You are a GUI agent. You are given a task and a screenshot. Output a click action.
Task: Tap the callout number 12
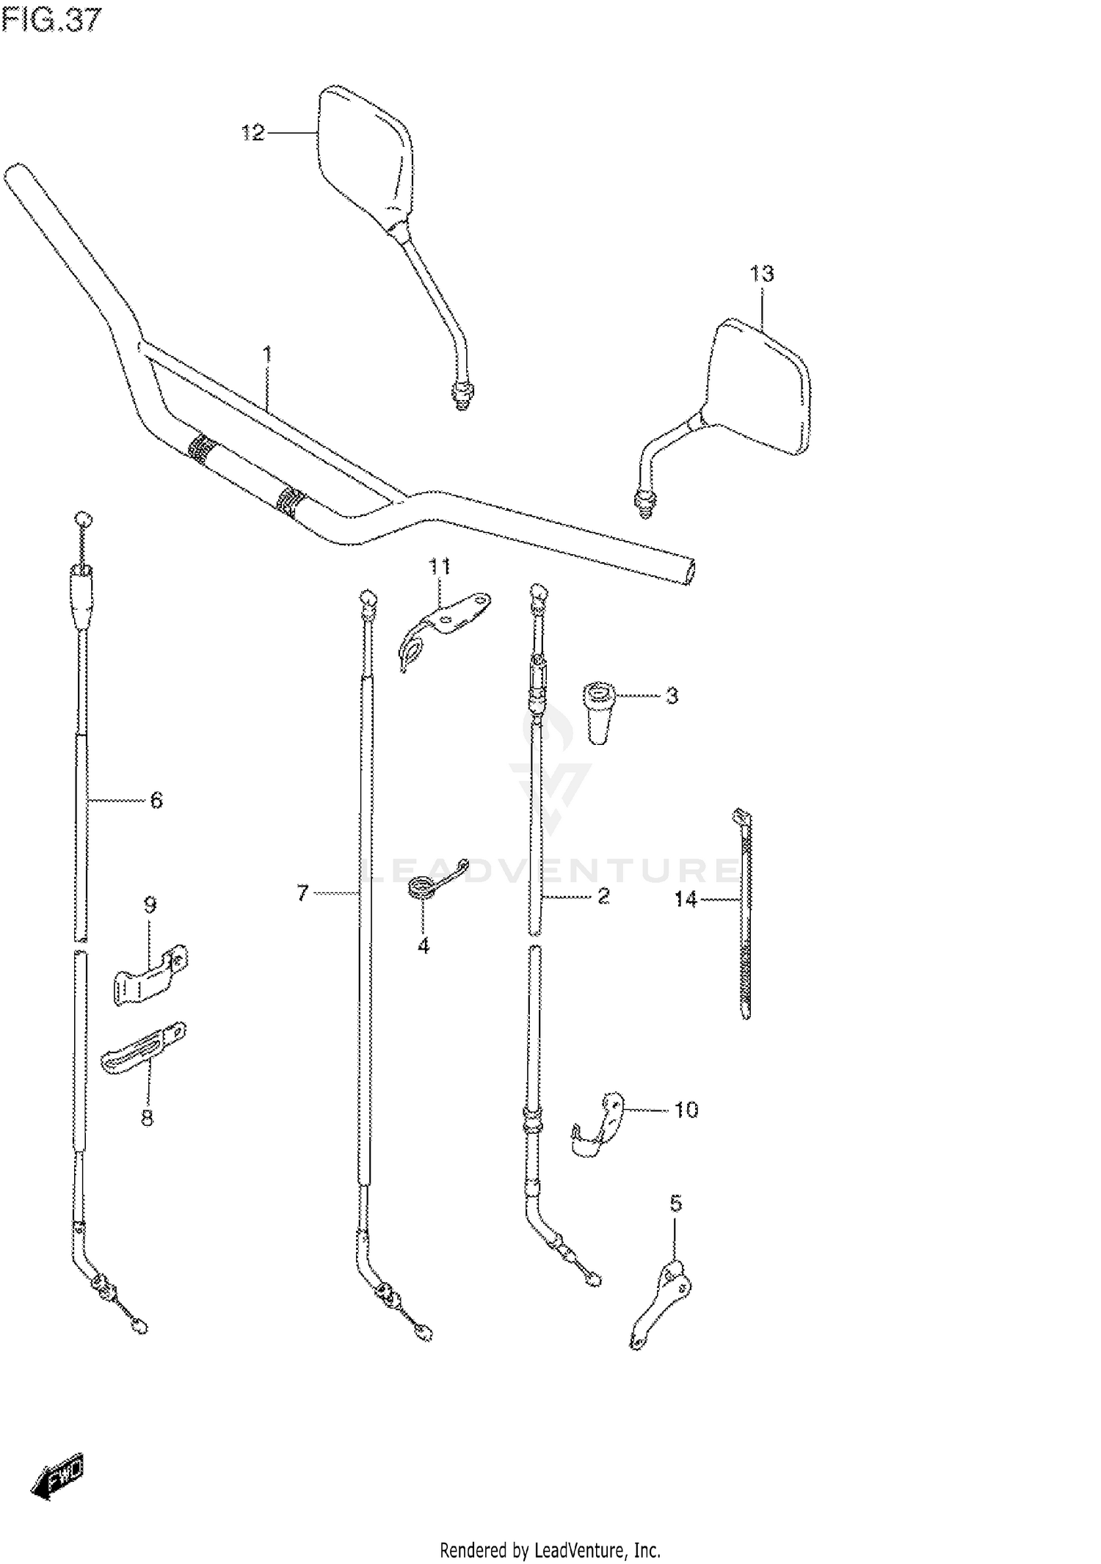click(252, 133)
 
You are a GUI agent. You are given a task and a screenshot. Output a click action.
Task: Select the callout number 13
click(761, 274)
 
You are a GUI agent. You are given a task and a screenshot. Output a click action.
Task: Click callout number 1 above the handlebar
click(267, 356)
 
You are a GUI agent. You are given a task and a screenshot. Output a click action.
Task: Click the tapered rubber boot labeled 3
click(600, 711)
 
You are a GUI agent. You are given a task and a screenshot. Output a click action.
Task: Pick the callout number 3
click(672, 696)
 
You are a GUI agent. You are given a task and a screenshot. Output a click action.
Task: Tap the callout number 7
click(302, 893)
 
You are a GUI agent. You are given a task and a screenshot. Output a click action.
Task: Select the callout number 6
click(156, 800)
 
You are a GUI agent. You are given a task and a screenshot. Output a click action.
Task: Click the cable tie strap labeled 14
click(746, 917)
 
